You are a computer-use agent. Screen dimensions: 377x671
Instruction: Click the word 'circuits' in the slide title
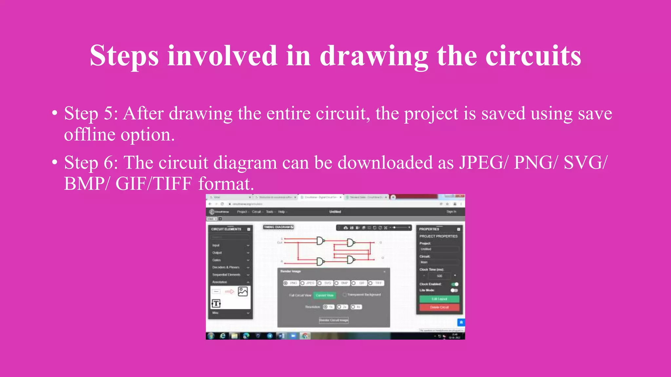pos(533,56)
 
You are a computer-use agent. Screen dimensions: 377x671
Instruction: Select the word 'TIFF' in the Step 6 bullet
pos(173,184)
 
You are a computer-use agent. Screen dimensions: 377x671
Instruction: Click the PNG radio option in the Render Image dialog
pos(286,283)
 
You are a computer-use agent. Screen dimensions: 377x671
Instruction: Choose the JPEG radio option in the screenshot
pos(303,283)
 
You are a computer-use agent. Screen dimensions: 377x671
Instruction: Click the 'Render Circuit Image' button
pos(334,320)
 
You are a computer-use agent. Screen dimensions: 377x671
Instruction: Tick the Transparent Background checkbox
pos(345,295)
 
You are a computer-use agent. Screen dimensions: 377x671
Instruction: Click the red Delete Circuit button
pos(439,307)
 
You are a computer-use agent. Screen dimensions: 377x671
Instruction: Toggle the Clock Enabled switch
pos(454,284)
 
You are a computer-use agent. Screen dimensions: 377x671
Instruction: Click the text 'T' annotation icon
pos(216,304)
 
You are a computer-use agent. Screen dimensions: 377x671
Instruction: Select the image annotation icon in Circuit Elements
pos(243,291)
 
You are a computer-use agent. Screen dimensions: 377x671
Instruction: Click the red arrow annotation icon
pos(229,291)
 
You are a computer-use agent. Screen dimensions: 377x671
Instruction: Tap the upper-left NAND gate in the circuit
pos(320,241)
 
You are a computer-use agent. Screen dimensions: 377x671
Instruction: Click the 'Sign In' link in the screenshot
pos(451,212)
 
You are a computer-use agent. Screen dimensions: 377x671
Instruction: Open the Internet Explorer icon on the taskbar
pos(223,336)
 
